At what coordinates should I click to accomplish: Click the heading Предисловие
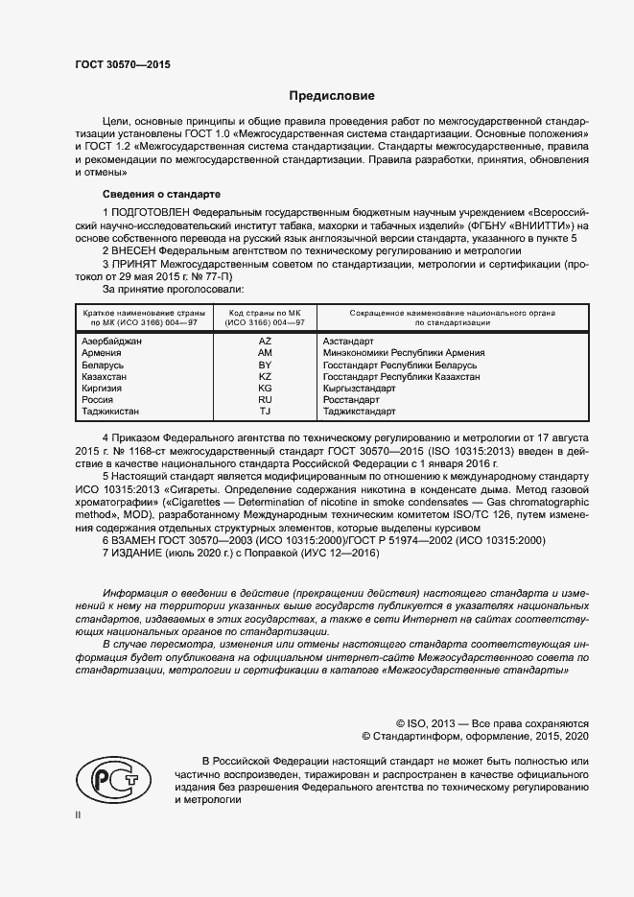coord(333,96)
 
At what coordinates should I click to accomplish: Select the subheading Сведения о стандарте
coord(149,194)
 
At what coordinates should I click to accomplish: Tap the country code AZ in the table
coord(266,342)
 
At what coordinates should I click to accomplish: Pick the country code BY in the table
coord(266,366)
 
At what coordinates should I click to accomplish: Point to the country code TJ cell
coord(266,412)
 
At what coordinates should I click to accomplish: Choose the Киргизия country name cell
coord(104,389)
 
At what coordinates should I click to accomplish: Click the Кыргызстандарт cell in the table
coord(360,389)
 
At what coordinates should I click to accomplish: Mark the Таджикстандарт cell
coord(360,412)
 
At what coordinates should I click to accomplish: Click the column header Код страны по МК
coord(266,313)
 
